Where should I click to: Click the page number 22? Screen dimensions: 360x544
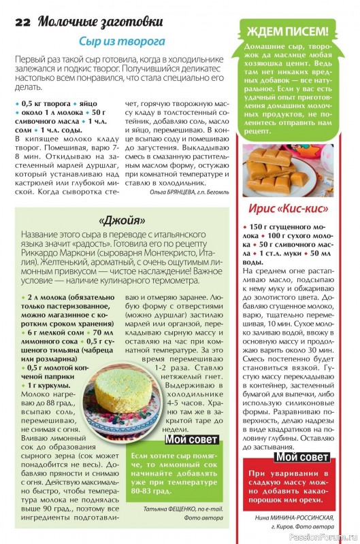pos(22,20)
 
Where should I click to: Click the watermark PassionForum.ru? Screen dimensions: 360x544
pos(326,537)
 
